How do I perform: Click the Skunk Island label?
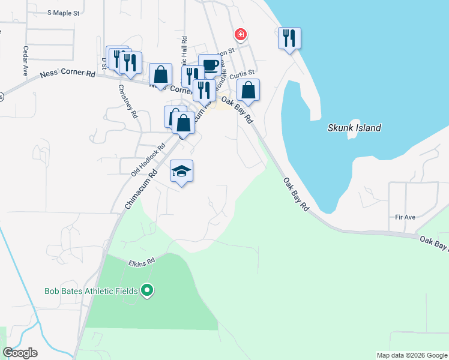tap(354, 128)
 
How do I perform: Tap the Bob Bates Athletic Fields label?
tap(91, 292)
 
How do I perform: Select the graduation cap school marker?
tap(182, 172)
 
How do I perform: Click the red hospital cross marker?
tap(241, 35)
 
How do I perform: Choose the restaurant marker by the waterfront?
tap(289, 39)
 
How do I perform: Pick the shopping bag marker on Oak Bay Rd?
tap(249, 91)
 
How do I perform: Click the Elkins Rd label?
tap(142, 262)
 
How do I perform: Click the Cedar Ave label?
tap(26, 61)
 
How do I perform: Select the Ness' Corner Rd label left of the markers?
tap(68, 74)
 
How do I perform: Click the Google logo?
tap(20, 353)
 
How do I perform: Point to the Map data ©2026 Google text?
tap(411, 355)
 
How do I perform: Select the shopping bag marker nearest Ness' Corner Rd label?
tap(160, 75)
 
